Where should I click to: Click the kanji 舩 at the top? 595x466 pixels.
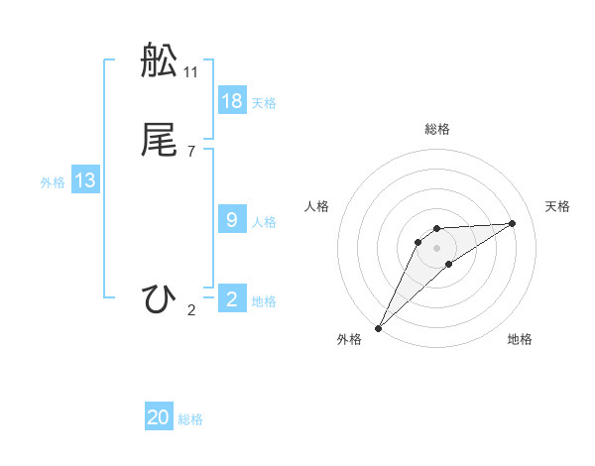(160, 60)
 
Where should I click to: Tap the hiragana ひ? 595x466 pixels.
(160, 298)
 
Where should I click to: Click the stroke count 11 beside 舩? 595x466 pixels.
(191, 71)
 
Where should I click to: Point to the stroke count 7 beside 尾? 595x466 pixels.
(191, 151)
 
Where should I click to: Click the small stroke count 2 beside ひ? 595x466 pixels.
(191, 309)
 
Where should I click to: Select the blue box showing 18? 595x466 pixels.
(232, 100)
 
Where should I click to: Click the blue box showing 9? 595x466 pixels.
(232, 219)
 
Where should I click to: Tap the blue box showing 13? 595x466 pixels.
(85, 180)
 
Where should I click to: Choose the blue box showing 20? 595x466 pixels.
(159, 417)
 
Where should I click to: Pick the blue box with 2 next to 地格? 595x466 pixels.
(232, 298)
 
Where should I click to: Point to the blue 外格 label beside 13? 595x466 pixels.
(53, 182)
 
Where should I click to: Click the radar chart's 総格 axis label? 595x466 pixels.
(437, 129)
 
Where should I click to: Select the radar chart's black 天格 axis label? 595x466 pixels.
(558, 206)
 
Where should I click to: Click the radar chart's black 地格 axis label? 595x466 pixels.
(520, 339)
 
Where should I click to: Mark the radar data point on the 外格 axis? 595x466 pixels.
(378, 328)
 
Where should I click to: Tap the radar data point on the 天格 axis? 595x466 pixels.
(513, 223)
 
